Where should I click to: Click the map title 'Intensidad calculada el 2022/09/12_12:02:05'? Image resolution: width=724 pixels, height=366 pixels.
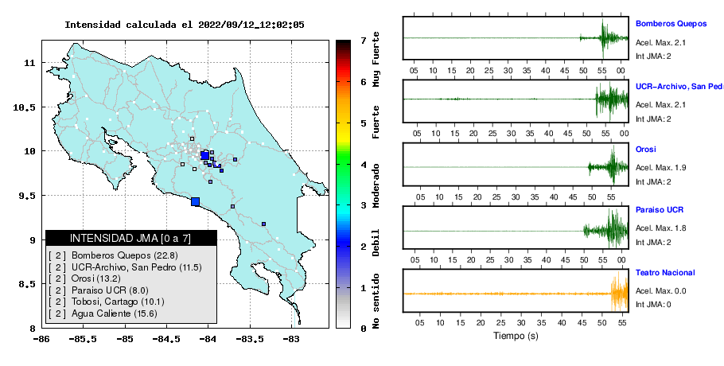click(185, 25)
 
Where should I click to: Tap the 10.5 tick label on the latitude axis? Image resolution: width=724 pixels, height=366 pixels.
click(25, 107)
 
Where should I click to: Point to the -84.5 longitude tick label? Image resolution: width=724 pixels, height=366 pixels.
click(165, 340)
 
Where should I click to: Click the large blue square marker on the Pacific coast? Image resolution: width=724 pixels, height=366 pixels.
click(195, 201)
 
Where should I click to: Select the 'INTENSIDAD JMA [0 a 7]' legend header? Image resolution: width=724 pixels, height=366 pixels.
click(130, 238)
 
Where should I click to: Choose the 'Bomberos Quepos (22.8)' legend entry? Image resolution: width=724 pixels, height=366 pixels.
click(125, 255)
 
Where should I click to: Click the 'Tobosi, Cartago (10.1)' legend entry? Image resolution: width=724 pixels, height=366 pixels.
click(118, 302)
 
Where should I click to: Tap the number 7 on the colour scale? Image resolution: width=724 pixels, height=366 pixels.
click(364, 41)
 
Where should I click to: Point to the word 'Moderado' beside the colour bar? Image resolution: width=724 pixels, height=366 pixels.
click(376, 185)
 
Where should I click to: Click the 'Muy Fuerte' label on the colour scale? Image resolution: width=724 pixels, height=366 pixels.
click(376, 59)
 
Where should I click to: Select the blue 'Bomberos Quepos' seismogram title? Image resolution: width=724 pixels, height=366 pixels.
click(671, 24)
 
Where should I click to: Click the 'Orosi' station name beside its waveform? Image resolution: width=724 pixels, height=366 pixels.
click(645, 150)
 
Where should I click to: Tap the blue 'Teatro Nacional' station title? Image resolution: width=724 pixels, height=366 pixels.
click(665, 273)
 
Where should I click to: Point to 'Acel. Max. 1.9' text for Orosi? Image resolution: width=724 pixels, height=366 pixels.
click(660, 168)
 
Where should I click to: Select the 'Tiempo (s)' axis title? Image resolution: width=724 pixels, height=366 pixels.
click(516, 336)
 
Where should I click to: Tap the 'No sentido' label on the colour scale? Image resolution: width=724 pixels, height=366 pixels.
click(376, 301)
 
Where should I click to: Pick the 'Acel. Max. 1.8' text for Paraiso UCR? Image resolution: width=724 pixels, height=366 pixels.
click(660, 228)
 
